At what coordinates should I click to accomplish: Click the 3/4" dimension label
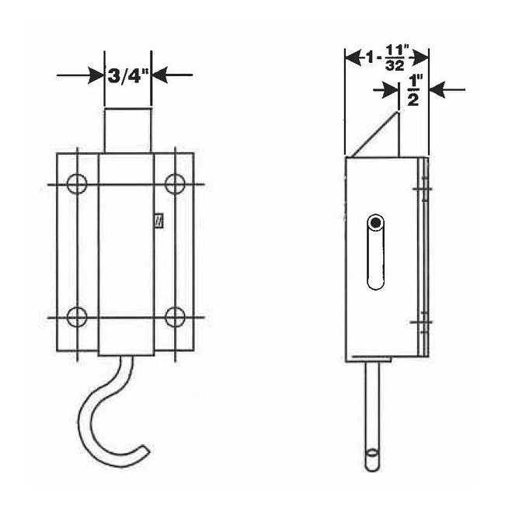click(x=127, y=75)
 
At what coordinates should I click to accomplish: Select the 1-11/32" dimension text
click(x=387, y=59)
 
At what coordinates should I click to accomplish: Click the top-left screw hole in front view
click(x=77, y=184)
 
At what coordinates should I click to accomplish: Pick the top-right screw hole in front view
click(x=176, y=184)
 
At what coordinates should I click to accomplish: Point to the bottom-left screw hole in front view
click(x=77, y=317)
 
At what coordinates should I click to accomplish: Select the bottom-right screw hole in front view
click(x=176, y=317)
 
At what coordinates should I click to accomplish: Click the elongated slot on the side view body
click(x=375, y=252)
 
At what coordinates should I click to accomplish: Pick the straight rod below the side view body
click(x=372, y=412)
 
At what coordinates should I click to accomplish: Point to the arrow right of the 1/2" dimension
click(x=448, y=90)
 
